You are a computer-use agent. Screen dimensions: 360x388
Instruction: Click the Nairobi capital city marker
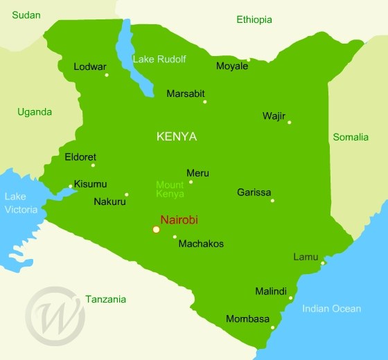pos(156,229)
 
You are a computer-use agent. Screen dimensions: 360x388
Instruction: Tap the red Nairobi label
pos(179,219)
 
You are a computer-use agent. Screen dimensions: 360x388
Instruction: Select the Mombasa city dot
pos(273,327)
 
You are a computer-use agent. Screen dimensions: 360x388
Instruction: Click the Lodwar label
pos(90,67)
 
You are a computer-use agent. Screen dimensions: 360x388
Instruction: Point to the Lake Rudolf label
pos(159,59)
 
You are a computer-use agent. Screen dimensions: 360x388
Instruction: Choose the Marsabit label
pos(186,93)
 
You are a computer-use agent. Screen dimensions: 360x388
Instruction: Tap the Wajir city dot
pos(289,123)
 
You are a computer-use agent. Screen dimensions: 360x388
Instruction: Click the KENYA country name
pos(177,136)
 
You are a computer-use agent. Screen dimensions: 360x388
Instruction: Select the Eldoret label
pos(80,157)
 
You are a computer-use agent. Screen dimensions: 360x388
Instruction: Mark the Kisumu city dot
pos(71,186)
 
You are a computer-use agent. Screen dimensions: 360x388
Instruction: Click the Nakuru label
pos(109,202)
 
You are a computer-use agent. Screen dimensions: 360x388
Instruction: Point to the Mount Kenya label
pos(170,189)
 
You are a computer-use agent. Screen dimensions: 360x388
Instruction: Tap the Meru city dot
pos(191,182)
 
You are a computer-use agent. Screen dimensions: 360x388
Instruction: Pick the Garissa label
pos(254,192)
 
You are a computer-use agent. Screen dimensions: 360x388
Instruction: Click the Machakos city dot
pos(175,237)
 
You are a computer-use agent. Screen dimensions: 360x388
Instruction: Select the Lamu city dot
pos(323,262)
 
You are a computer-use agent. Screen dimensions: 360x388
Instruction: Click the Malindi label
pos(271,291)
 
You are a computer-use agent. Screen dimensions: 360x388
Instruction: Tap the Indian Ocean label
pos(331,309)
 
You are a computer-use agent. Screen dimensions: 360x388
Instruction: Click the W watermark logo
pos(55,315)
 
